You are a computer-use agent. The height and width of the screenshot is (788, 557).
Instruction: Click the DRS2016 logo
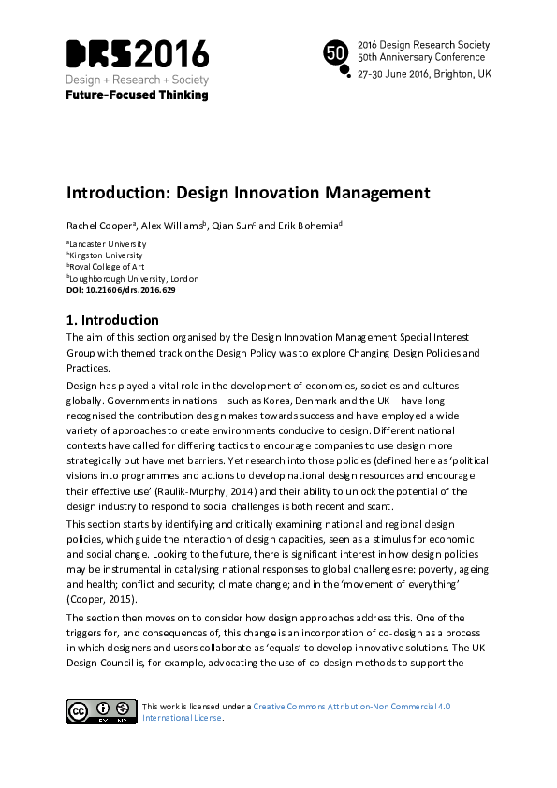(x=137, y=54)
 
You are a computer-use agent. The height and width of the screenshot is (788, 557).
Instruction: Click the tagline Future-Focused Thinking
(x=137, y=95)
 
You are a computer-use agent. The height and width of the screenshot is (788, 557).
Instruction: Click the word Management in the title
(x=377, y=194)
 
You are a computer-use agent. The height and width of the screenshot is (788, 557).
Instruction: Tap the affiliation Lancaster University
(x=108, y=244)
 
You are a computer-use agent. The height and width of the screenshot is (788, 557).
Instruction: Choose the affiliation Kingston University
(x=106, y=255)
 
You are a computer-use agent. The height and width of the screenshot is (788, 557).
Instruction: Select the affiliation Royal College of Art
(x=108, y=267)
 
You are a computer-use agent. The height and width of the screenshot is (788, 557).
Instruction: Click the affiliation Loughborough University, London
(x=134, y=278)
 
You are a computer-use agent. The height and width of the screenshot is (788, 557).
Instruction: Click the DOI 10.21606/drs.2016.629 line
(x=121, y=290)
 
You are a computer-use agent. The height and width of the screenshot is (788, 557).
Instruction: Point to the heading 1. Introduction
(x=112, y=320)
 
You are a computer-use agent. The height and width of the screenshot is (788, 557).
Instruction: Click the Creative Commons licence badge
(x=100, y=711)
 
